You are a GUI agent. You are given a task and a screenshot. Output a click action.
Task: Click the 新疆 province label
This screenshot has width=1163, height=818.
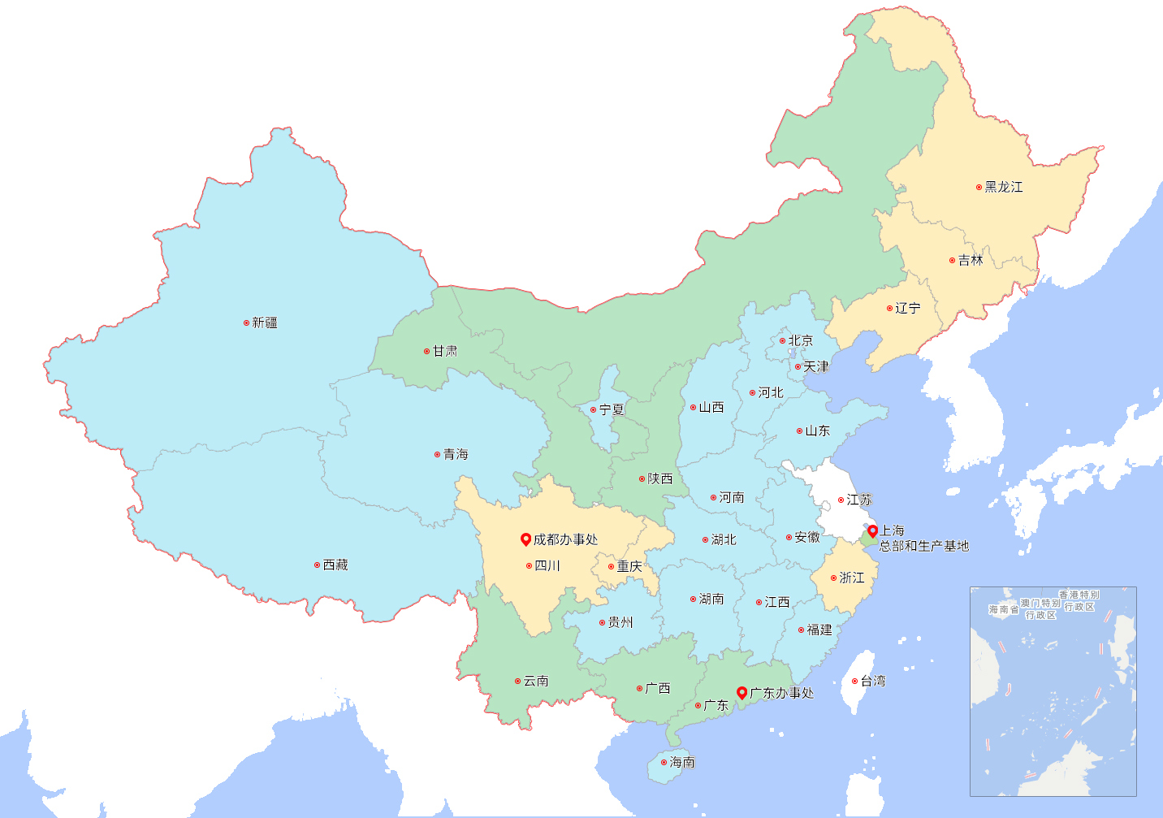[265, 322]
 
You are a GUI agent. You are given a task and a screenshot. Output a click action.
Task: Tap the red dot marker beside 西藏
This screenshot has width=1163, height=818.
[317, 565]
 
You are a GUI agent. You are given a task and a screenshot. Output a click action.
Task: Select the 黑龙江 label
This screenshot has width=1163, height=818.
[1004, 187]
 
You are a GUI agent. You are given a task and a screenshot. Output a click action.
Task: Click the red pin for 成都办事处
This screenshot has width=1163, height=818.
[525, 539]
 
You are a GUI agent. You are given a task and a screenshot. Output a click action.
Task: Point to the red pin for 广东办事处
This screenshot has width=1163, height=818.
[741, 692]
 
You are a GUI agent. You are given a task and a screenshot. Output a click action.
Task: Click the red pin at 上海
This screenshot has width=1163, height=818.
[872, 531]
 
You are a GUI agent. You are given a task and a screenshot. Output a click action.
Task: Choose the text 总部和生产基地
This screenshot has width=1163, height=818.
[924, 546]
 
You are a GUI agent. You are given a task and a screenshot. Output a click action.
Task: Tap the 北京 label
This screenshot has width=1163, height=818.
[801, 340]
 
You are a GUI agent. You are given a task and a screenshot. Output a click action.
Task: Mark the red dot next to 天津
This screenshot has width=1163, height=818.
[798, 366]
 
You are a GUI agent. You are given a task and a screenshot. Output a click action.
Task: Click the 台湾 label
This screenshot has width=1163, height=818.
[873, 681]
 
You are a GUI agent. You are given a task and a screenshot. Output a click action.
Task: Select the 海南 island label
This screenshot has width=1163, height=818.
[682, 762]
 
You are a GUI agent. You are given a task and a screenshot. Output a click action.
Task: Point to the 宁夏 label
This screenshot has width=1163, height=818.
[612, 409]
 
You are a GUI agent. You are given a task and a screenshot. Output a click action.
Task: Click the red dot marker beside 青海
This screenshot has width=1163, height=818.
[437, 454]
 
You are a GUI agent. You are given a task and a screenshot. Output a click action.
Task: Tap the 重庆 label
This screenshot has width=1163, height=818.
[629, 566]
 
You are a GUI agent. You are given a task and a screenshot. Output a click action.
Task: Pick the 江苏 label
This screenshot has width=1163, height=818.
[859, 500]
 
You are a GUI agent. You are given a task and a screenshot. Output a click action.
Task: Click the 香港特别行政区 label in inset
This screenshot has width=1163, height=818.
[1079, 601]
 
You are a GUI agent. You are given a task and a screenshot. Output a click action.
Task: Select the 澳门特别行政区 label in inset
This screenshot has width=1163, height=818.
[1040, 609]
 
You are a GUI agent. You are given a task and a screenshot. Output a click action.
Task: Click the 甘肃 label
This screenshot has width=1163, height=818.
[445, 351]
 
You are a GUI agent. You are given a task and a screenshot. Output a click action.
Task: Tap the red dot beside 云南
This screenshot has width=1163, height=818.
[517, 681]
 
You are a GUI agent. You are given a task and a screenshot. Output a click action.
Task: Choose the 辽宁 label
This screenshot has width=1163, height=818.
[908, 308]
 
